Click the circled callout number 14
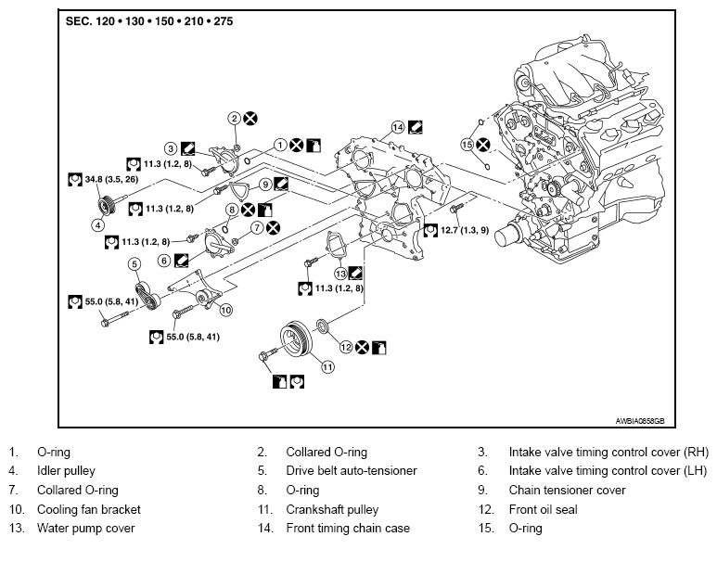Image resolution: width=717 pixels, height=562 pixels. [x=398, y=128]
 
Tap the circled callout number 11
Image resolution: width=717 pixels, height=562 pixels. [x=327, y=366]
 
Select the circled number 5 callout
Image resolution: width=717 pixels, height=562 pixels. [x=134, y=264]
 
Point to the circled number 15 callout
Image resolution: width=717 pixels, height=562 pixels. [x=467, y=145]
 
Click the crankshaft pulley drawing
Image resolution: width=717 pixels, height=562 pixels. [x=296, y=340]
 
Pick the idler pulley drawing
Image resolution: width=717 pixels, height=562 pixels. [x=107, y=206]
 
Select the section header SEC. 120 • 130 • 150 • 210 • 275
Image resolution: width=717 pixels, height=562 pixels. [x=149, y=21]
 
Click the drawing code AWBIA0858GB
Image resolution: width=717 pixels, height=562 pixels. [x=639, y=421]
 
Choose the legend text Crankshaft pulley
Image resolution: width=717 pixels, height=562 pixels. [x=332, y=509]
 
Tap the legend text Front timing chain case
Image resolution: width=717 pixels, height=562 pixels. [x=348, y=529]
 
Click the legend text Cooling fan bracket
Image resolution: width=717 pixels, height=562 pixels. [x=89, y=509]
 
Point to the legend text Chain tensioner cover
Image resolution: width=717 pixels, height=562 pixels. [x=567, y=491]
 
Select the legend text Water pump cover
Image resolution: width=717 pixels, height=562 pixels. [x=86, y=529]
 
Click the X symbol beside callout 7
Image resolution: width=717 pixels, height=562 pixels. [x=273, y=228]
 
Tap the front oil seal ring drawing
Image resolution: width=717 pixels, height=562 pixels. [x=323, y=326]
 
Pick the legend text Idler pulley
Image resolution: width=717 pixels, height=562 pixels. [x=66, y=470]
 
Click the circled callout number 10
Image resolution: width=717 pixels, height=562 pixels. [x=225, y=310]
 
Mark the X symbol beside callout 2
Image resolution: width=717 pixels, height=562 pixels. [x=250, y=119]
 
